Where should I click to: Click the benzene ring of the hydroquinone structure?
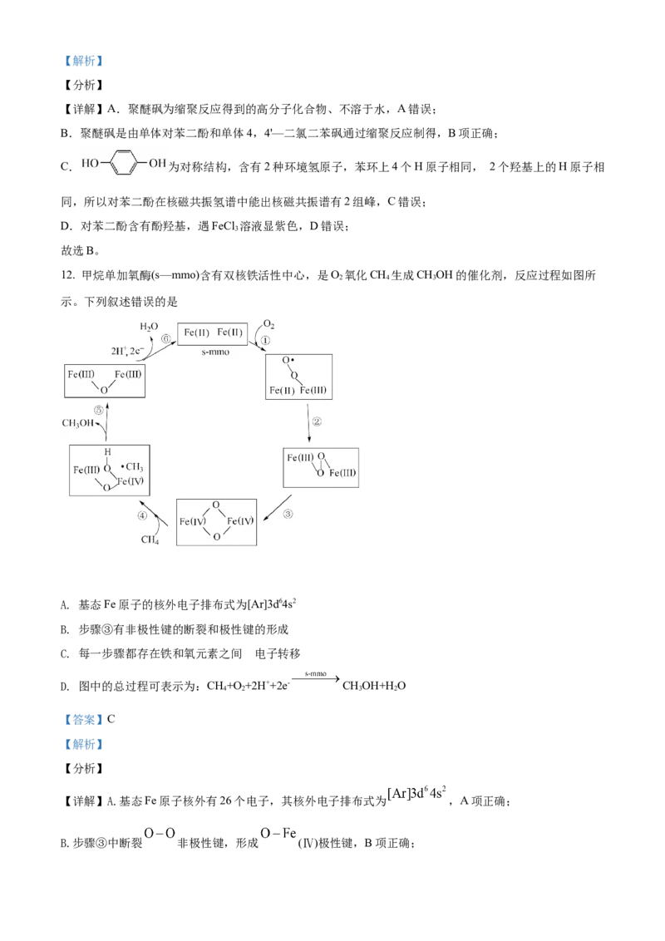click(x=123, y=163)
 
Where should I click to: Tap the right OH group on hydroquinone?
click(x=158, y=163)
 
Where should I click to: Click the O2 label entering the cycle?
click(x=269, y=323)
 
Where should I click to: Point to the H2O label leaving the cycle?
click(x=147, y=326)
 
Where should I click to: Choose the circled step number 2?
click(x=316, y=421)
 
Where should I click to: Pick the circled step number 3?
click(x=288, y=513)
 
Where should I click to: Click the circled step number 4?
click(x=142, y=515)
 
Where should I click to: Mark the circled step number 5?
click(x=98, y=410)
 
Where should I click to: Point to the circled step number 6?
click(x=166, y=339)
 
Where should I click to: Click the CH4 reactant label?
click(x=150, y=540)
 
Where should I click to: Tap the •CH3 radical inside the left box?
click(x=131, y=468)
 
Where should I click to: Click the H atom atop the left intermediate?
click(x=107, y=452)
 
